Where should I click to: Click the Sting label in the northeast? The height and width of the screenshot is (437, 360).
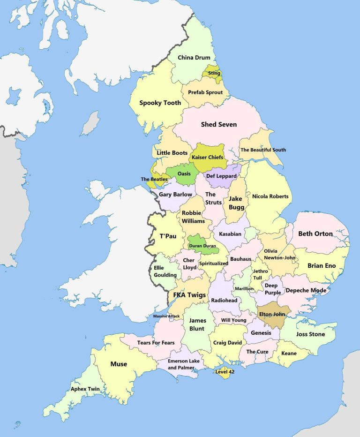click(x=214, y=73)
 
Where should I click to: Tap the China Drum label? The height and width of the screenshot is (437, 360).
click(x=194, y=58)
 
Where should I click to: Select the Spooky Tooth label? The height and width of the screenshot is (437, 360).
click(x=160, y=103)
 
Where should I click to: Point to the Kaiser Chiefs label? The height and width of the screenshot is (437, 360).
click(x=206, y=157)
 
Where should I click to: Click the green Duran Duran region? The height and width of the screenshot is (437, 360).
click(x=202, y=245)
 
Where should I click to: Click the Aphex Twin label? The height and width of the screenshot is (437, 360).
click(x=85, y=389)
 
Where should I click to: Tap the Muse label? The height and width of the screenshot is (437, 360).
click(x=119, y=364)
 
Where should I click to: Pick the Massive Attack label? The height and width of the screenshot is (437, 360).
click(x=166, y=316)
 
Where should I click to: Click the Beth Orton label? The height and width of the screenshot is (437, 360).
click(x=315, y=234)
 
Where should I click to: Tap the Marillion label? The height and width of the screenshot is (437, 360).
click(x=244, y=288)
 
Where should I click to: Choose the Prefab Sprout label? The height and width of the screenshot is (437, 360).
click(x=205, y=92)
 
